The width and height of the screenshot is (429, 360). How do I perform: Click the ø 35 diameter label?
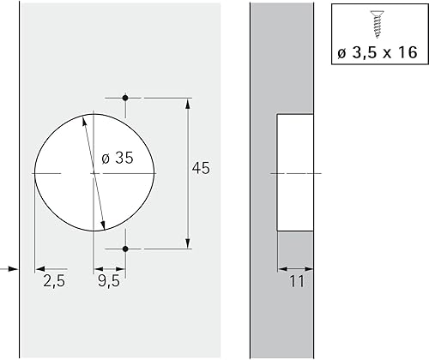point(118,158)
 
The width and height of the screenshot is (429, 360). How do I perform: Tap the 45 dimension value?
point(201,168)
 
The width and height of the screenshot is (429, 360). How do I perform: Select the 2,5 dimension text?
point(54,281)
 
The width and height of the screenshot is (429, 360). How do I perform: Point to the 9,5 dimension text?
point(109,281)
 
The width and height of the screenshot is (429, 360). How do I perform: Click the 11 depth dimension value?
point(297,281)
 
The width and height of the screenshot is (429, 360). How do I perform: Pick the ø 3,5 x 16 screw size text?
point(378,52)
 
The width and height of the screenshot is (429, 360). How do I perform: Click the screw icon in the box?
point(378,24)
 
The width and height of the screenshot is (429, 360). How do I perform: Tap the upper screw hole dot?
point(125,98)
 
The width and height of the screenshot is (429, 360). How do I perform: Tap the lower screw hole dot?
point(125,249)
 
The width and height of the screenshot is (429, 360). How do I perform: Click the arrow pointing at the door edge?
point(9,269)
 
